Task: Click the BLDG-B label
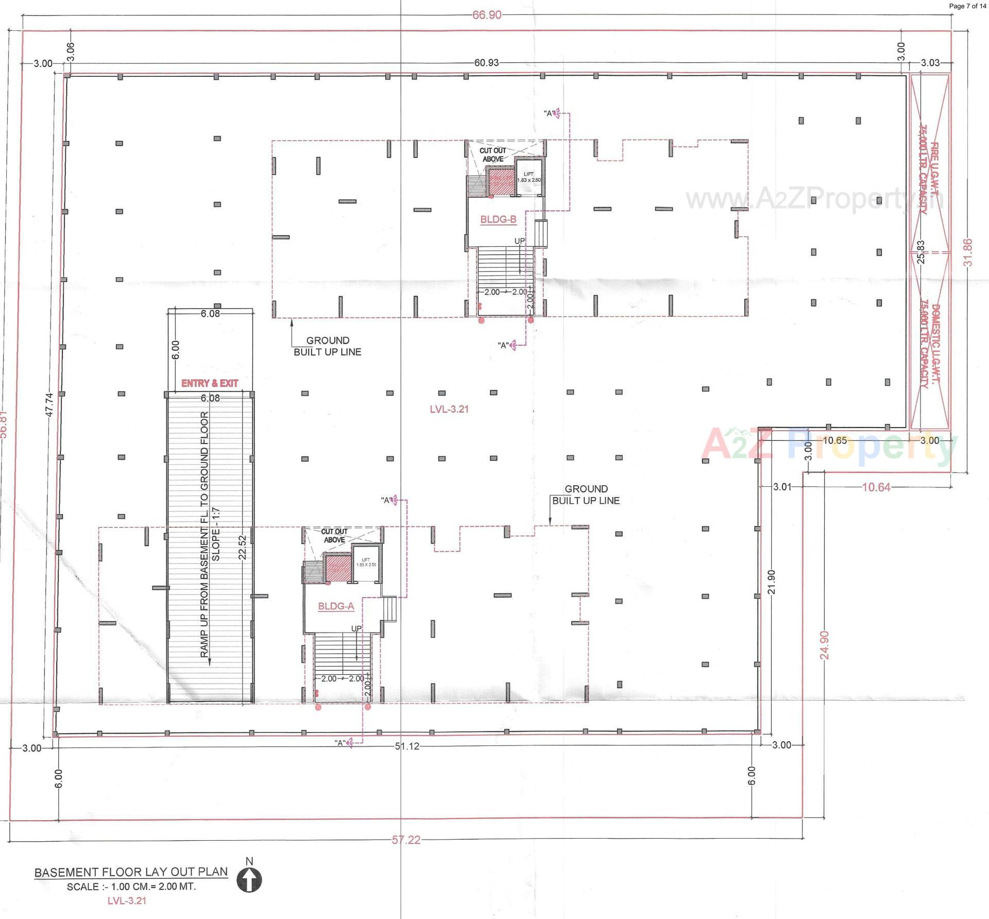click(x=498, y=219)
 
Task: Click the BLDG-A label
click(x=336, y=606)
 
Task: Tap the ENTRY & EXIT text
click(x=210, y=383)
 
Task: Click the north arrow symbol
click(x=249, y=879)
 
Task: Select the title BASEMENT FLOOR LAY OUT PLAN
click(x=131, y=872)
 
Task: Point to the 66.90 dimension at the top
click(x=487, y=15)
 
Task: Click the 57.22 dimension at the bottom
click(x=406, y=840)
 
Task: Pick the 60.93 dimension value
click(x=486, y=63)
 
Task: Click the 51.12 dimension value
click(x=407, y=746)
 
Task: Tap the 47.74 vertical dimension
click(x=49, y=404)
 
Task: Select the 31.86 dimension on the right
click(x=968, y=252)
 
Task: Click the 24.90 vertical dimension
click(x=825, y=645)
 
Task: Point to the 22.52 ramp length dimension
click(x=243, y=547)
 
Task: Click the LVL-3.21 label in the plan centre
click(x=449, y=409)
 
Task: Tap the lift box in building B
click(x=529, y=178)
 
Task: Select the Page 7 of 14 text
click(x=967, y=6)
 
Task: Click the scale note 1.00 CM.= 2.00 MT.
click(x=131, y=887)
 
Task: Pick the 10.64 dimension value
click(x=876, y=487)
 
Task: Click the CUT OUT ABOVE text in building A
click(x=334, y=535)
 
